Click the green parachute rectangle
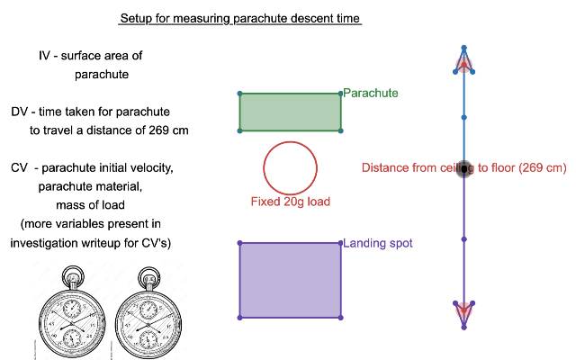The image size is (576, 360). point(290,112)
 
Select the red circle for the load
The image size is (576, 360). point(290,167)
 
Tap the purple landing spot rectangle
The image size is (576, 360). point(290,280)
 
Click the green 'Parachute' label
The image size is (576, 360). point(370,93)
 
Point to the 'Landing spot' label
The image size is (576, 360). point(377,243)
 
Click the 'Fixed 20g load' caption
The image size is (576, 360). point(290,202)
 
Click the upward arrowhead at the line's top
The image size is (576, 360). point(463,61)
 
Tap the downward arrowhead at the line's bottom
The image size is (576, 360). point(463,310)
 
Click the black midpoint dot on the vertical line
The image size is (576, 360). point(463,167)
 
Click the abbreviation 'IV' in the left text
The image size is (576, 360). point(45,56)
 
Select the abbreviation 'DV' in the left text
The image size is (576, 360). point(20,112)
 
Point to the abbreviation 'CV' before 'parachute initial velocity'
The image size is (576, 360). point(20,168)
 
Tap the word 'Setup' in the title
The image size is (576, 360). point(136,18)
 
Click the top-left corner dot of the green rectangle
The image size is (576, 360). point(239,94)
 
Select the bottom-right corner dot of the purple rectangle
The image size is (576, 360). point(341,317)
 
